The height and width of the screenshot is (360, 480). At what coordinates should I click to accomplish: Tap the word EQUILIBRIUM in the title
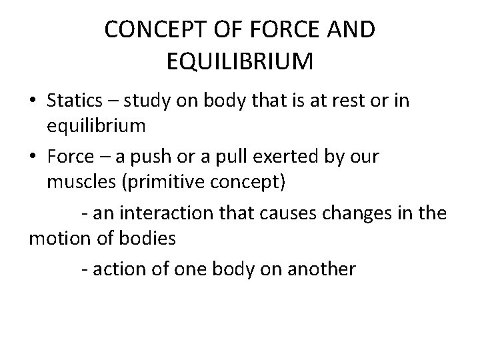click(x=237, y=63)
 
